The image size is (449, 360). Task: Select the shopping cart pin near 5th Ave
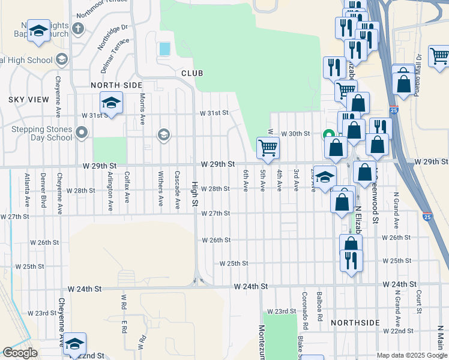tap(268, 148)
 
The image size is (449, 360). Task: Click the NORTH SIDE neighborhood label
tap(116, 85)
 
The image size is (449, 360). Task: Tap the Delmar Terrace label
tap(115, 56)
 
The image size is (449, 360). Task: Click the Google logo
tap(20, 353)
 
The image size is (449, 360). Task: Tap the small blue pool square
tap(163, 49)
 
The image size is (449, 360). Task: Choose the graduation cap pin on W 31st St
tap(111, 104)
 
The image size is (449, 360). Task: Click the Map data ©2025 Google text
tap(412, 355)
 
